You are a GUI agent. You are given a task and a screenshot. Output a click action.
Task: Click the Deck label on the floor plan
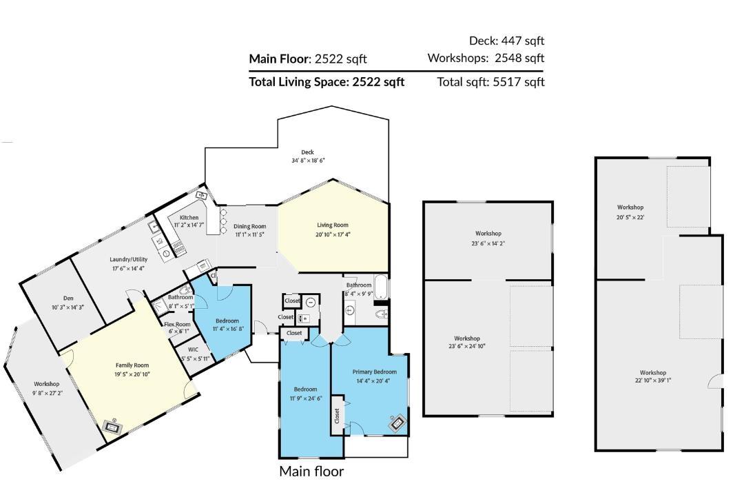point(307,152)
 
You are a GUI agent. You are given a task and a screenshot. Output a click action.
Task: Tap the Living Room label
point(333,225)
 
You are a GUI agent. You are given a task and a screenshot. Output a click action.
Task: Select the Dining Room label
point(249,226)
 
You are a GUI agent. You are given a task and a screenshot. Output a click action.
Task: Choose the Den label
point(68,298)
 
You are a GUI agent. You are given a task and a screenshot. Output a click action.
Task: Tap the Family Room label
point(132,365)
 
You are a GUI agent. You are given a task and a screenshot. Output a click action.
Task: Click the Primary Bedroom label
point(374,372)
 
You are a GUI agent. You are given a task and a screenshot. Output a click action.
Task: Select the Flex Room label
point(177,324)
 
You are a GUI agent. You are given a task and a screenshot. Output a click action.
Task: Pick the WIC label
point(183,349)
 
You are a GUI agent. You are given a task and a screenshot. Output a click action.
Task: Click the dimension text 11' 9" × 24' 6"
point(305,398)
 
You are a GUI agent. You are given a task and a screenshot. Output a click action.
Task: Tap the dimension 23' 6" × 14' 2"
point(488,243)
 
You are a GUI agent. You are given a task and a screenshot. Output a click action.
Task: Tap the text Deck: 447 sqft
point(506,41)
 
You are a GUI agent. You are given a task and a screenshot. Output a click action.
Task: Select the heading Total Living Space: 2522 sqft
point(327,82)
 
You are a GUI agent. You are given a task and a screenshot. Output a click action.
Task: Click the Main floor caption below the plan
point(311,471)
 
